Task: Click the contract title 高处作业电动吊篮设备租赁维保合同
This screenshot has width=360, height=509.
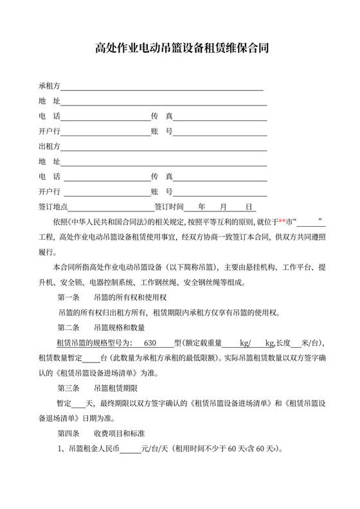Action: (181, 48)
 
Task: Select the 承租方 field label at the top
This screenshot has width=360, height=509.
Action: (49, 85)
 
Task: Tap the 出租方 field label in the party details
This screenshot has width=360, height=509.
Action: (49, 146)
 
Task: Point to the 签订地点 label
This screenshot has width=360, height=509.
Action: (53, 207)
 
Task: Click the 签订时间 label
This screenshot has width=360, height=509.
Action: (169, 207)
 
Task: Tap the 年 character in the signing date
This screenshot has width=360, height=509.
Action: (202, 207)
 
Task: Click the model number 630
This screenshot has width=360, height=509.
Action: (151, 342)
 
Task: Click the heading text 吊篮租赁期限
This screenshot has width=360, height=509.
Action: (116, 388)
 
